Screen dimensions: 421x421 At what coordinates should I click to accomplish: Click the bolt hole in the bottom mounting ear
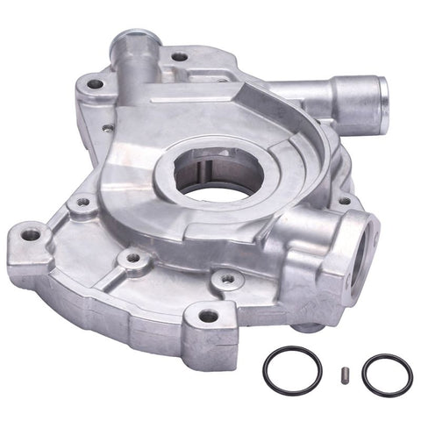click(x=208, y=315)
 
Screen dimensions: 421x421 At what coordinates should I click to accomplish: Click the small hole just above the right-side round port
click(x=343, y=201)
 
